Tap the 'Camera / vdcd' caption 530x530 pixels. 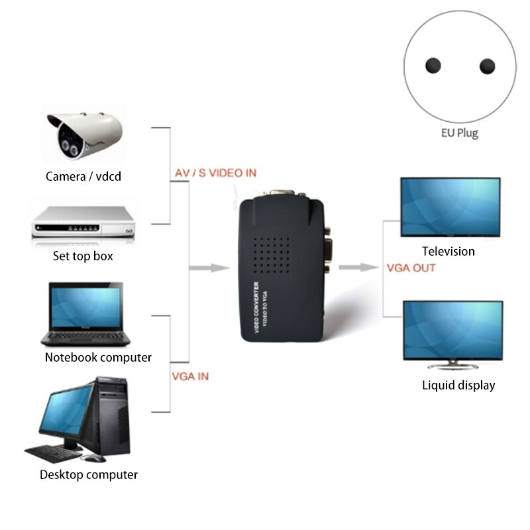tap(83, 177)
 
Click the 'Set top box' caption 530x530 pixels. tap(83, 256)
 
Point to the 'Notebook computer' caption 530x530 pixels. tap(98, 358)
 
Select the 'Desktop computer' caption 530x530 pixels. tap(89, 475)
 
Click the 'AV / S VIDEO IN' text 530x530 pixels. tap(215, 174)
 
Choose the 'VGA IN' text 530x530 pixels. tap(190, 376)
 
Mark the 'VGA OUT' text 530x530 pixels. tap(411, 268)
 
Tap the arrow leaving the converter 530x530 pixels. tap(358, 267)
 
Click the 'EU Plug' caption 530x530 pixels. tap(459, 133)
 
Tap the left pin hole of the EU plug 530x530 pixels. tap(433, 66)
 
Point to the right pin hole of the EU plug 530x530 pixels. tap(487, 66)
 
